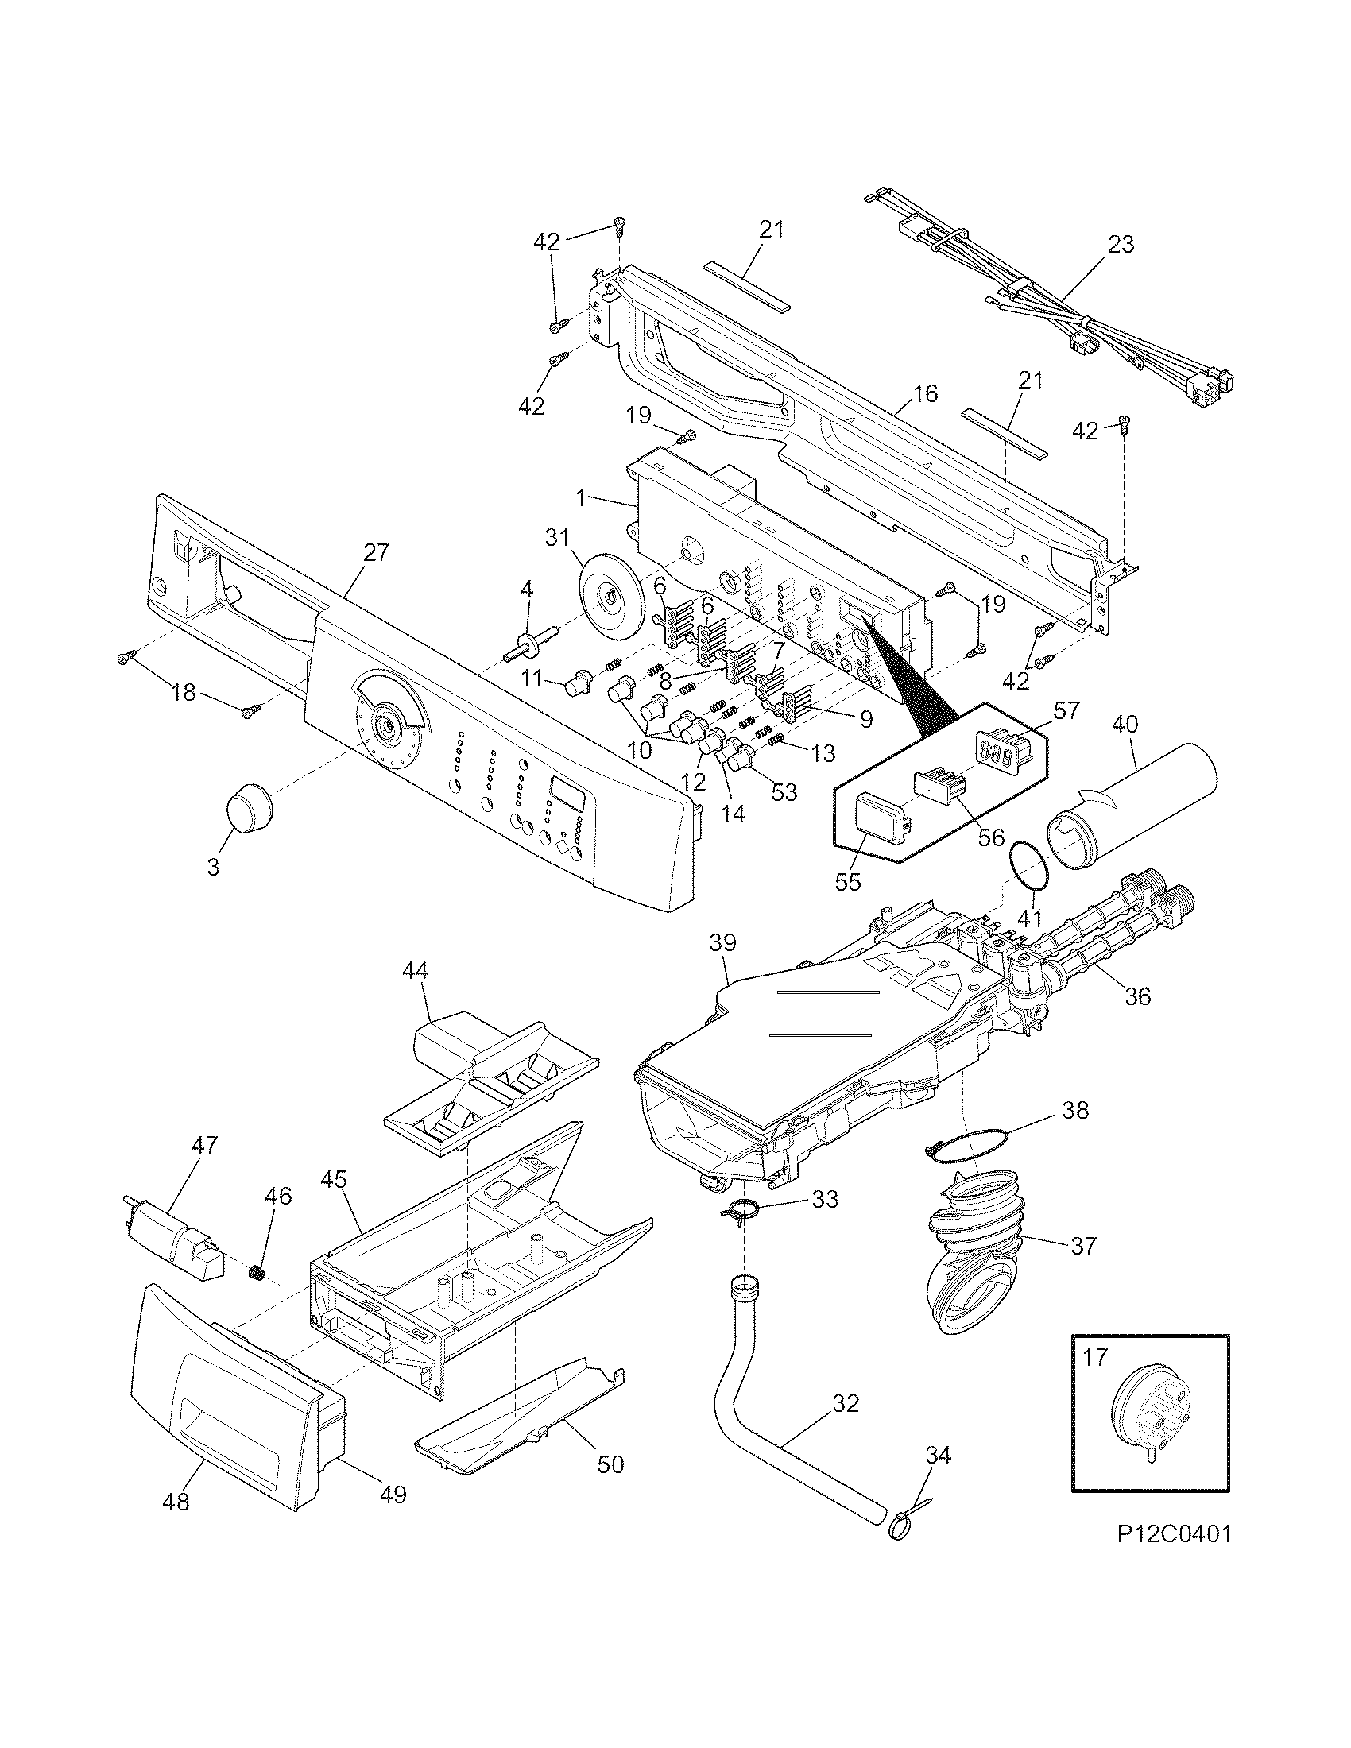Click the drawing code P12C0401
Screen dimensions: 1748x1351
point(1174,1557)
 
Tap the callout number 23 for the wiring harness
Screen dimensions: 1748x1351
point(1121,244)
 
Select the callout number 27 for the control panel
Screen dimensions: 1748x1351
point(376,552)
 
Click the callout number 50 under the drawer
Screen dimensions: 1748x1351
point(610,1464)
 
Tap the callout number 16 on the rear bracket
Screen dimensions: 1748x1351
point(924,394)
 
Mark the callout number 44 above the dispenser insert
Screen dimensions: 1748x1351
point(415,971)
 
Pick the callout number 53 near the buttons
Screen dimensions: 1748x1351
point(784,791)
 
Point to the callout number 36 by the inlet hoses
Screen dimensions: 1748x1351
point(1137,996)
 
